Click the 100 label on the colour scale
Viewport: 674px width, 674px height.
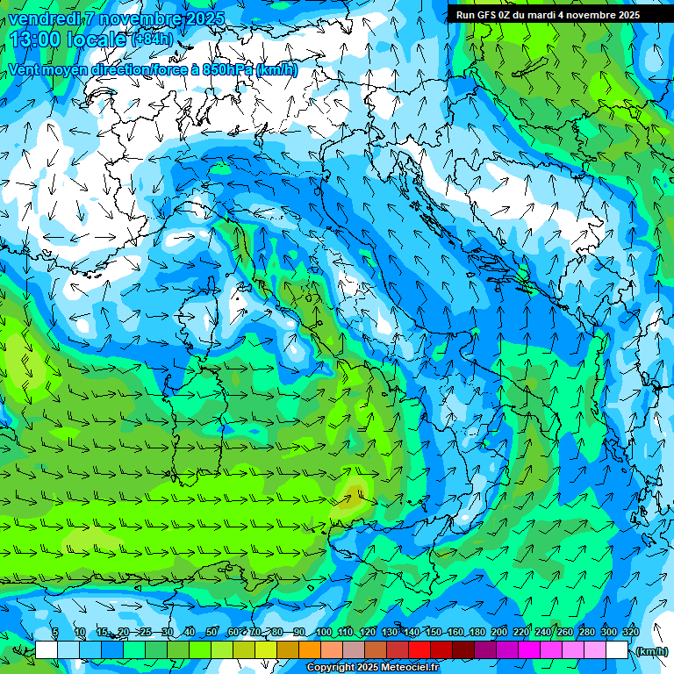click(x=324, y=632)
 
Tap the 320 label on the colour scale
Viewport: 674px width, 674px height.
click(x=631, y=632)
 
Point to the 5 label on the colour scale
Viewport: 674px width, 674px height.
click(x=54, y=632)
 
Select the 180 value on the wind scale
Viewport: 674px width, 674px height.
click(x=477, y=632)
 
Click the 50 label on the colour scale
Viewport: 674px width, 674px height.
click(x=212, y=632)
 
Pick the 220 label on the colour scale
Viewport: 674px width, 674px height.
click(x=521, y=632)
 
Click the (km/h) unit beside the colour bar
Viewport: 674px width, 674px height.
click(x=652, y=650)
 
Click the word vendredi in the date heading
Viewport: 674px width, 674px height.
click(x=44, y=18)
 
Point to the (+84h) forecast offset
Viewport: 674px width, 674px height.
click(x=152, y=39)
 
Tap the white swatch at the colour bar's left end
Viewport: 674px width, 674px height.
click(x=47, y=650)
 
